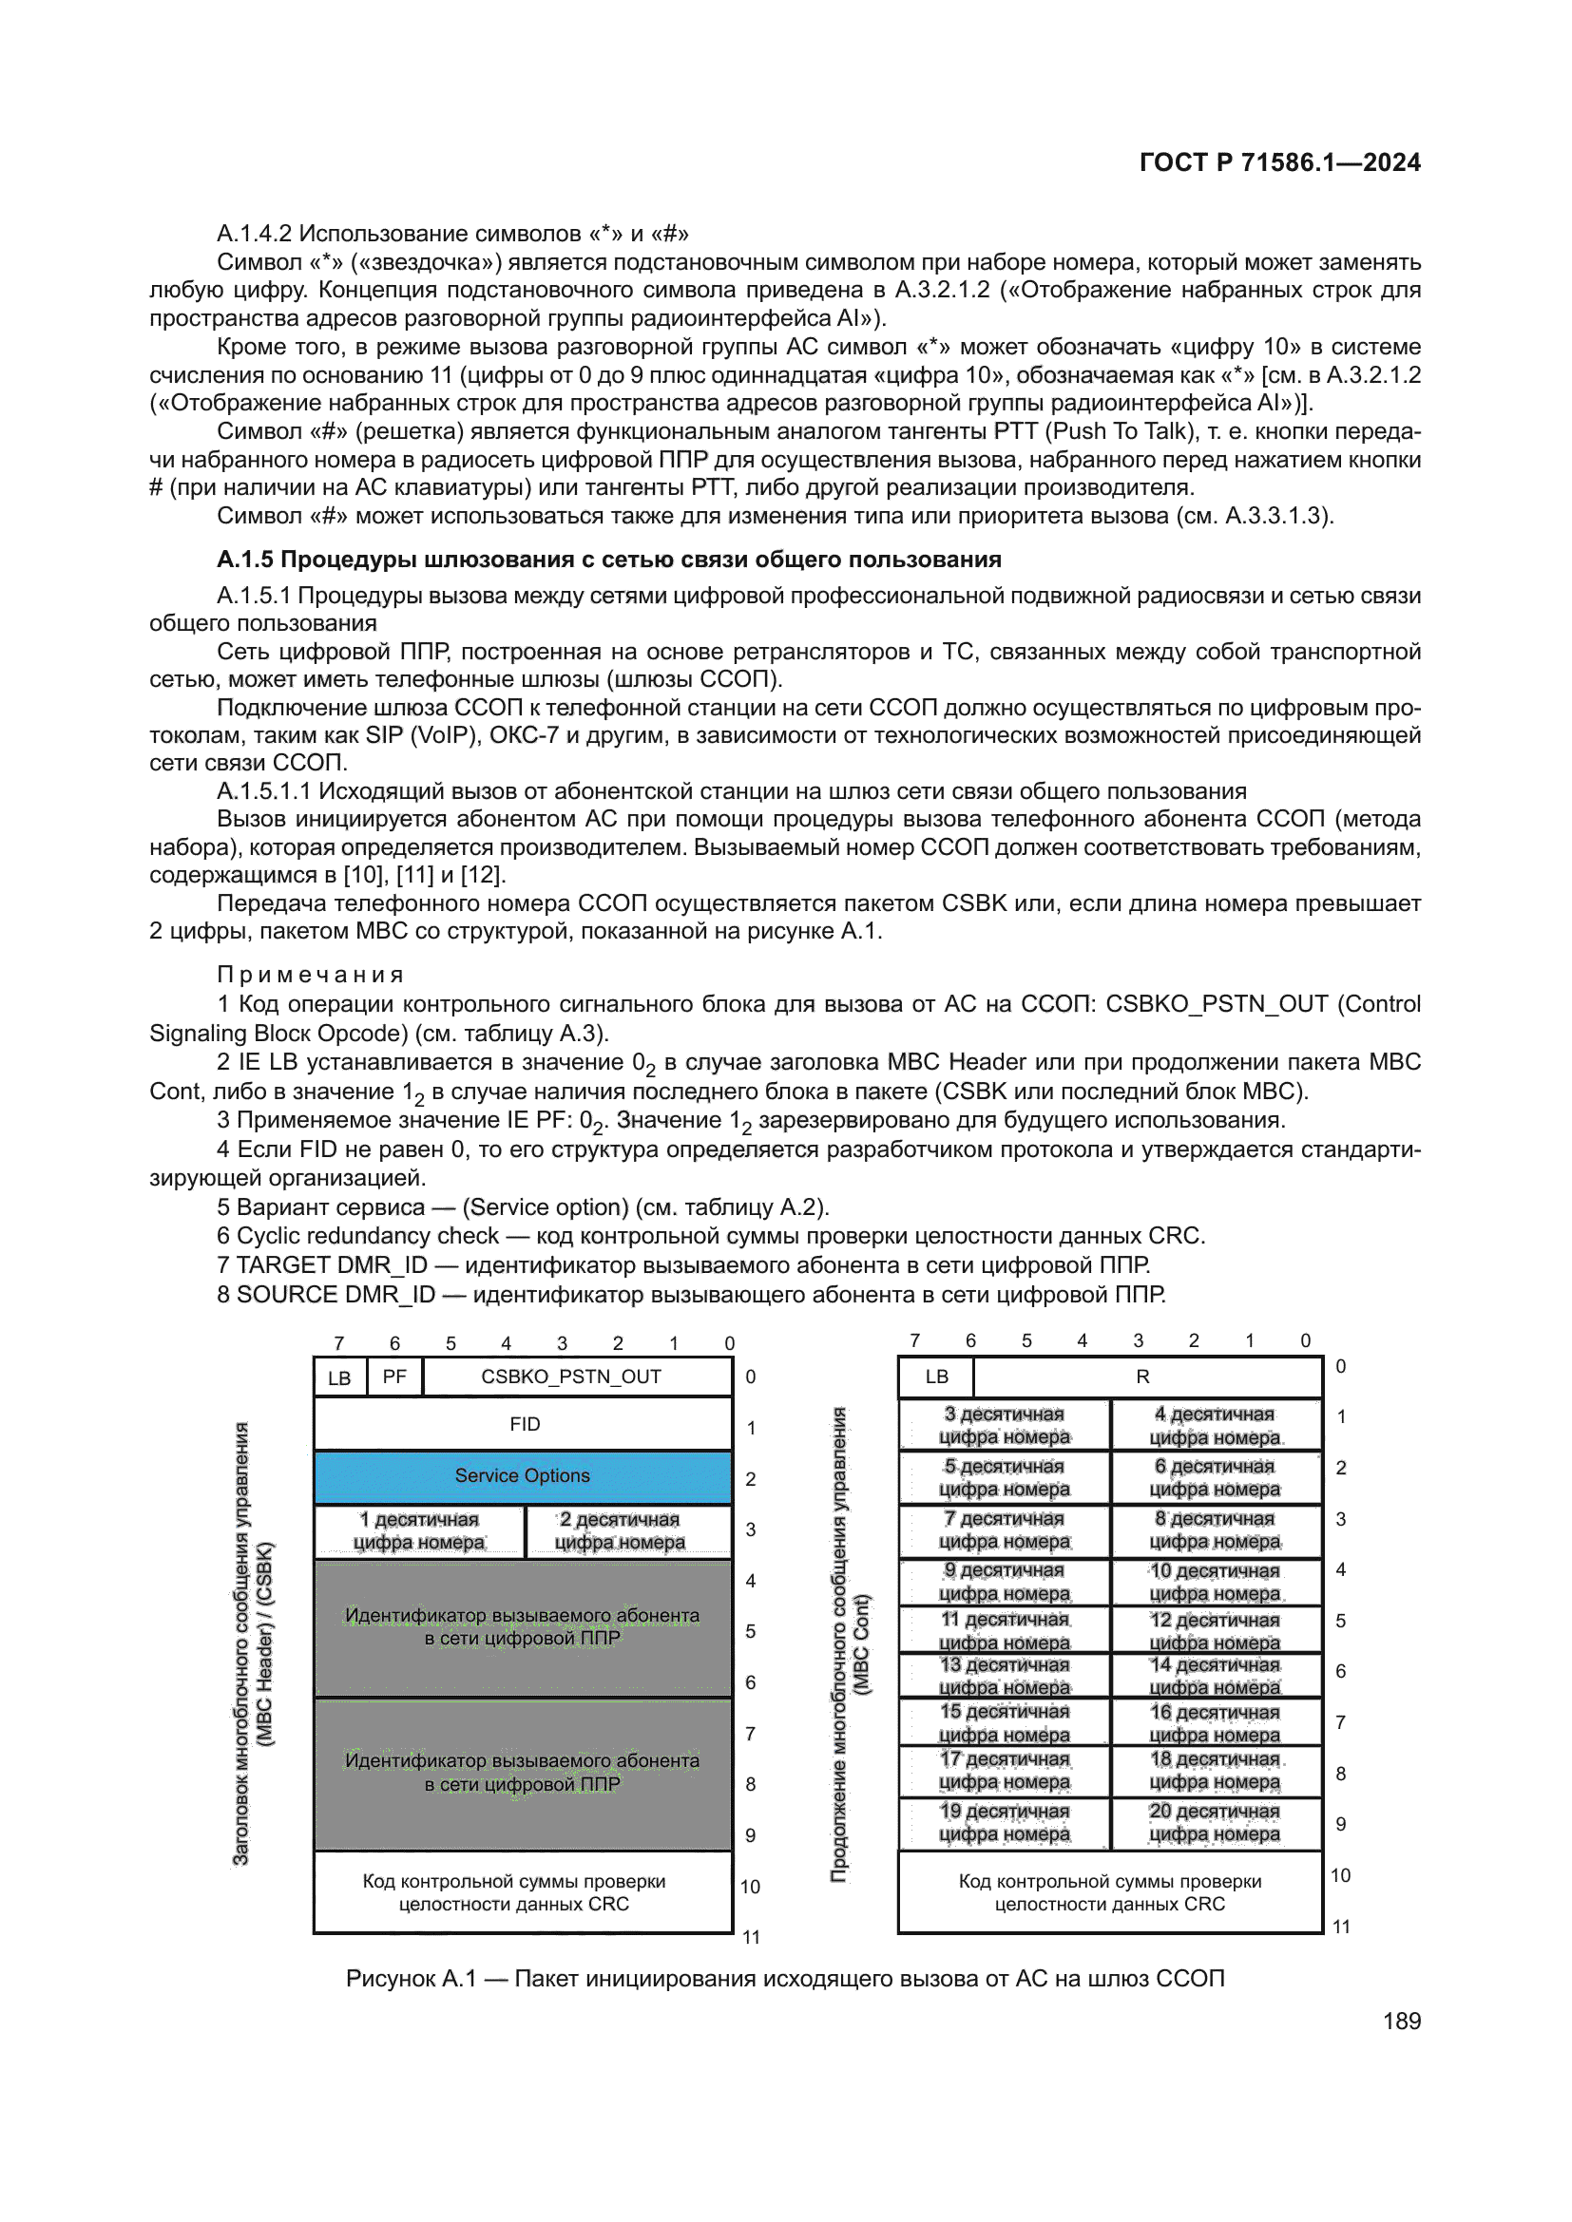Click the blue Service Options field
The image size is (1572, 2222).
(x=522, y=1476)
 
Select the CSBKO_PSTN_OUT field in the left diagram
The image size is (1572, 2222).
(x=571, y=1377)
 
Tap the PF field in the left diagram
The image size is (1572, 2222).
(x=394, y=1377)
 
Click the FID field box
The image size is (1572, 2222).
(x=524, y=1425)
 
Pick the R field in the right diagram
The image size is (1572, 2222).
(x=1143, y=1377)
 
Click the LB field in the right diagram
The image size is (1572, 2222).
(x=936, y=1377)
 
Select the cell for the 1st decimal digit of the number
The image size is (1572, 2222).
(x=419, y=1531)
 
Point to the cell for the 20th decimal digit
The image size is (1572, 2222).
(x=1215, y=1822)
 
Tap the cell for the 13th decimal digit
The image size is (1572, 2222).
(x=1005, y=1676)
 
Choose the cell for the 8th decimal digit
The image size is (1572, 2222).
(x=1215, y=1530)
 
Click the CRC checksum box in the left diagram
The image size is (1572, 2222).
(x=514, y=1892)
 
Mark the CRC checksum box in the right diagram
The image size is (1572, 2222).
(x=1109, y=1892)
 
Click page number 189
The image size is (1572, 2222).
(x=1401, y=2021)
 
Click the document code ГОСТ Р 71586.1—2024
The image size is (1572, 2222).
(x=1278, y=162)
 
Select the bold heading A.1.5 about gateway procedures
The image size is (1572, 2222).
(x=609, y=560)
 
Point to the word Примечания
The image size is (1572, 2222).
(x=310, y=975)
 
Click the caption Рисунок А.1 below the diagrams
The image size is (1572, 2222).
(x=785, y=1978)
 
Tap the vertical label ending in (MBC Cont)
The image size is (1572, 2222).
(x=850, y=1644)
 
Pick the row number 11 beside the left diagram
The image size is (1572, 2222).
(x=751, y=1937)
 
